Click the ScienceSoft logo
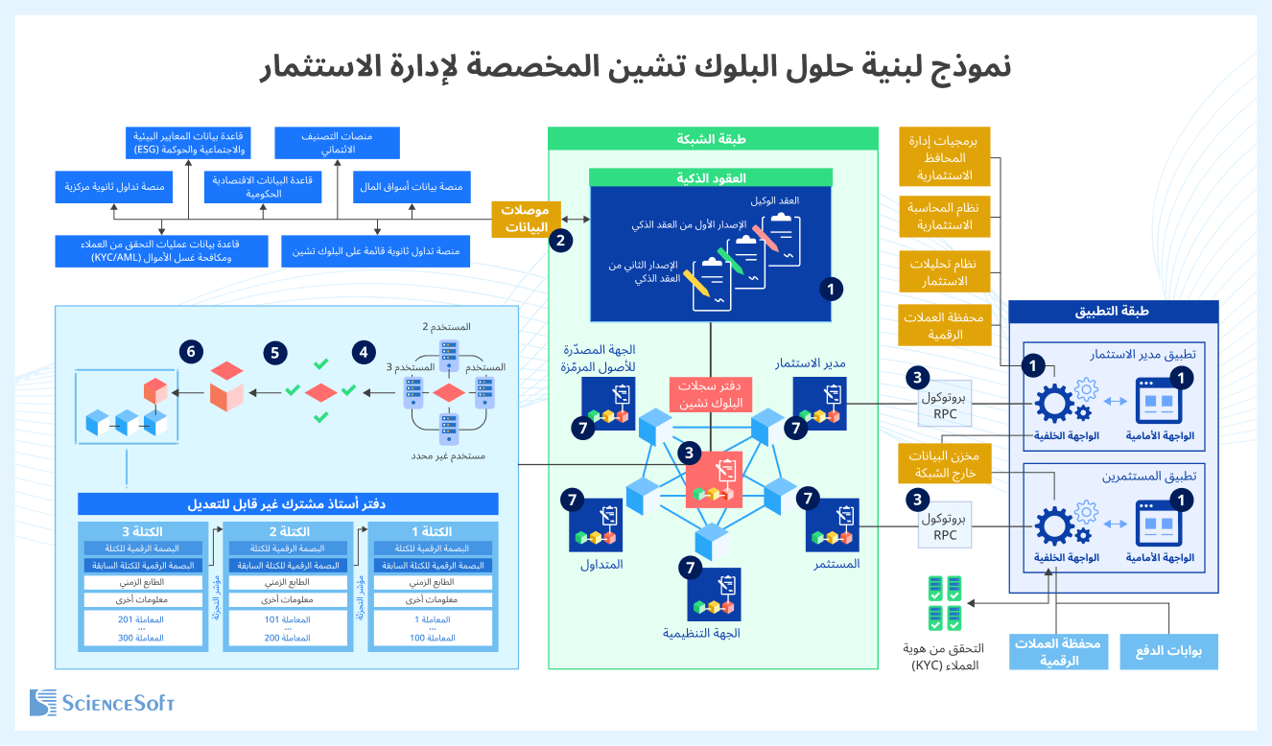click(x=102, y=702)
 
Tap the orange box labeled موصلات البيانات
click(x=525, y=219)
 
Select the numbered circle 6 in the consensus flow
click(x=192, y=352)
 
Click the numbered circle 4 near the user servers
click(x=363, y=352)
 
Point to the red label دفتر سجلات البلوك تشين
click(x=710, y=394)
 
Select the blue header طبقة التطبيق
click(x=1114, y=312)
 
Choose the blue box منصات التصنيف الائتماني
click(x=336, y=143)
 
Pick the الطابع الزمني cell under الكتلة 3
click(x=144, y=582)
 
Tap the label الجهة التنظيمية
click(x=701, y=633)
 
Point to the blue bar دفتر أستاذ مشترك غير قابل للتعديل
click(x=288, y=503)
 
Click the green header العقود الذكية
click(x=711, y=177)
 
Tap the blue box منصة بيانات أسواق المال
click(x=412, y=187)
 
